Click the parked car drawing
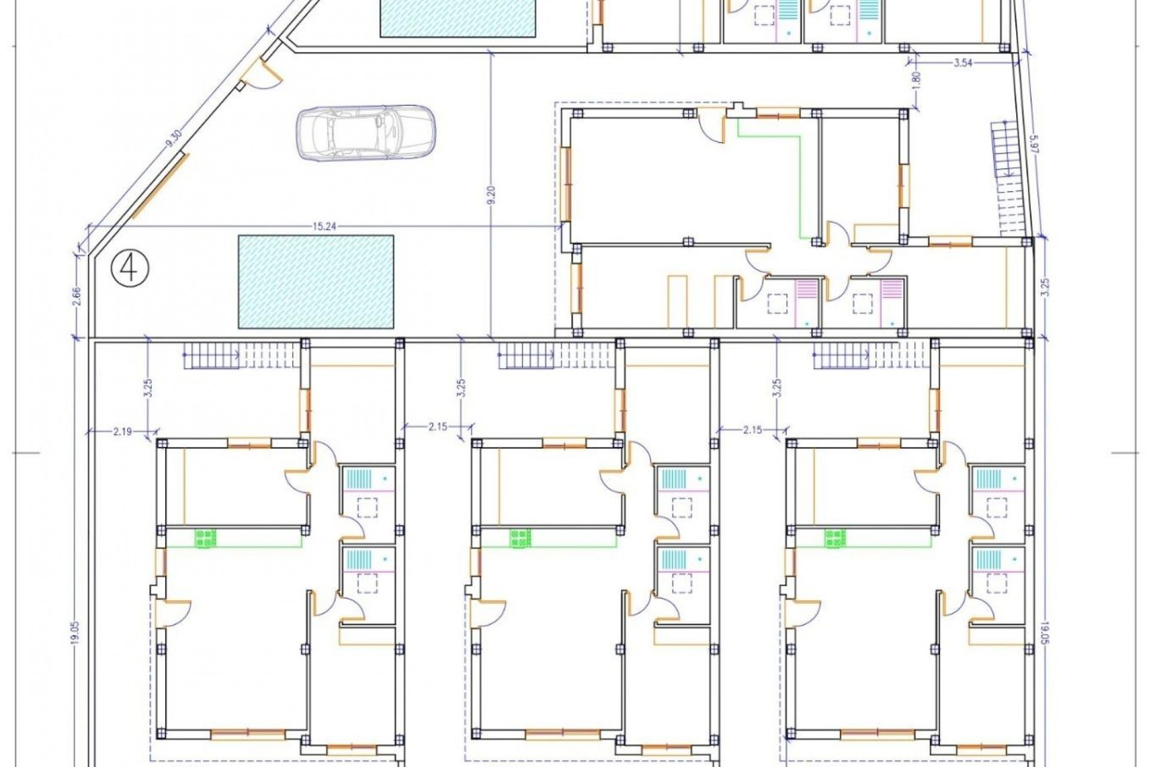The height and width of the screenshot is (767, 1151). [366, 133]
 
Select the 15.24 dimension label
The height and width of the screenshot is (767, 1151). [324, 227]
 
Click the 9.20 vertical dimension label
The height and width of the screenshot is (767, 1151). [492, 195]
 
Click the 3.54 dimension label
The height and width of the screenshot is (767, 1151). [963, 63]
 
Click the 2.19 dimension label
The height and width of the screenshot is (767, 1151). [122, 430]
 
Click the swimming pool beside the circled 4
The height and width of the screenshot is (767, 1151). [316, 282]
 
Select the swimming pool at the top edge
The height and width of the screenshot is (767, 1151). [459, 18]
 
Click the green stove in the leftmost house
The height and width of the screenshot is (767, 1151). [206, 538]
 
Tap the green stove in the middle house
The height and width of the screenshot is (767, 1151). [520, 538]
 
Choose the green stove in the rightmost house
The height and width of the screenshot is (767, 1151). [834, 538]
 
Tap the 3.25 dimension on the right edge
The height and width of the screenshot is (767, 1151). [1045, 289]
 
